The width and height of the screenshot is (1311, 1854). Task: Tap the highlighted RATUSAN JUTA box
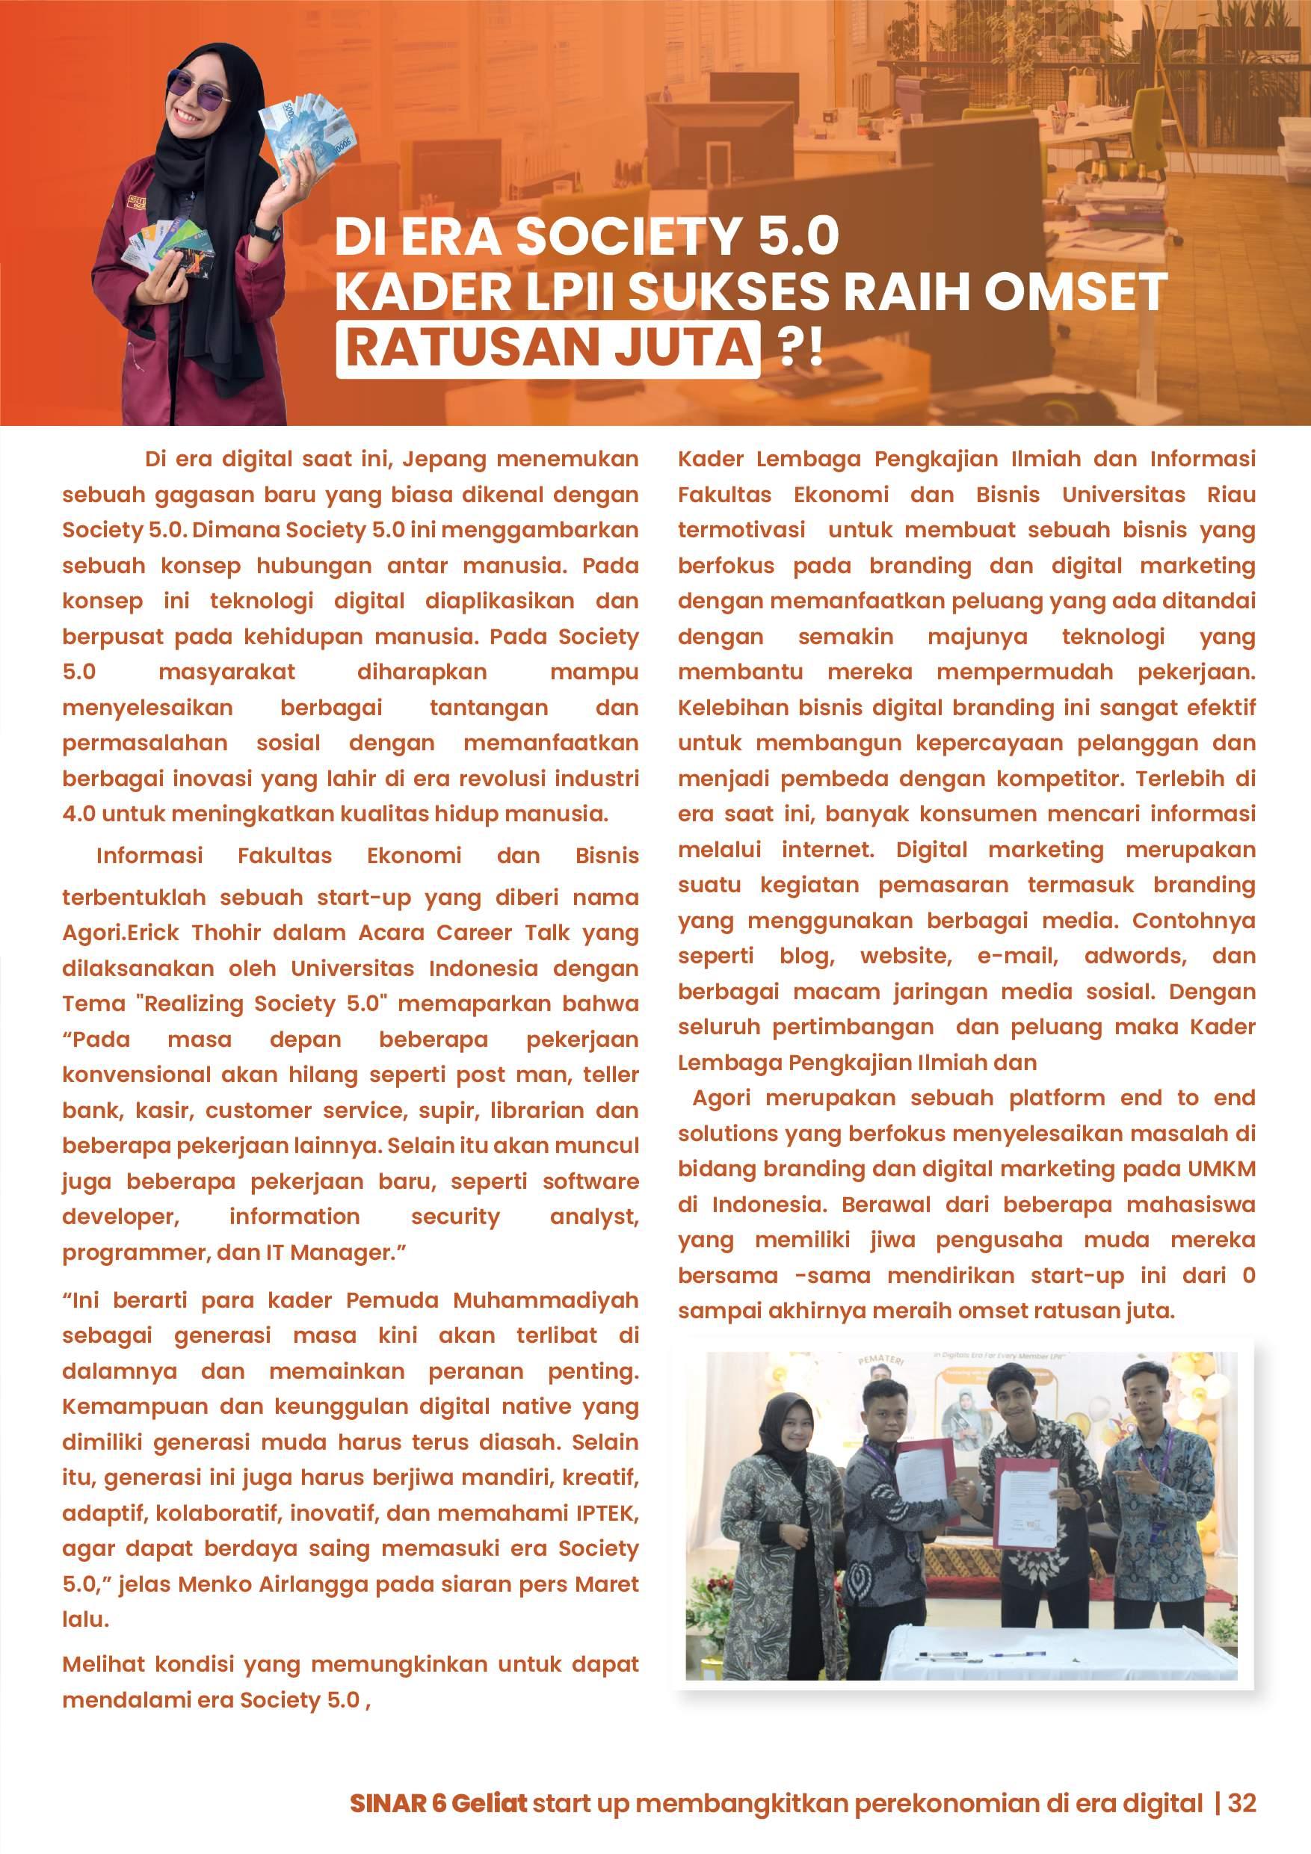pyautogui.click(x=549, y=348)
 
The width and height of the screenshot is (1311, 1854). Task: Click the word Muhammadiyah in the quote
pyautogui.click(x=545, y=1300)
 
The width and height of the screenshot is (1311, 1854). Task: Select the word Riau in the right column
pyautogui.click(x=1231, y=495)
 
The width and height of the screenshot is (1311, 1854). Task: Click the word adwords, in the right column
pyautogui.click(x=1135, y=956)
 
